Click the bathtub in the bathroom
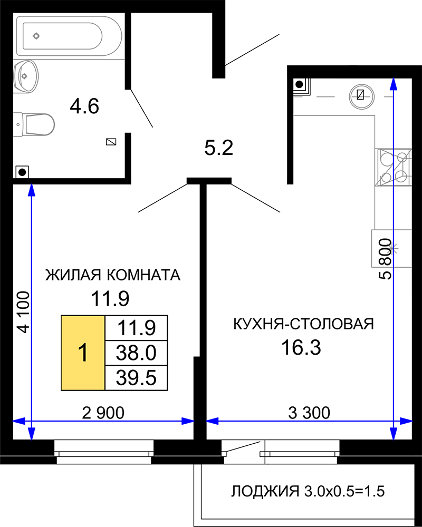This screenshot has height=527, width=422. [69, 36]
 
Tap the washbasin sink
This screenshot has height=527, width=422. [26, 76]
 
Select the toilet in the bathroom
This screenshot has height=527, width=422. [34, 124]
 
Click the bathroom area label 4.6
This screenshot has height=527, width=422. [84, 106]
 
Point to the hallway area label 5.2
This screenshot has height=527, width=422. [219, 148]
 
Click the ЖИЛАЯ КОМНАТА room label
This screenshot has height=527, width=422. [113, 275]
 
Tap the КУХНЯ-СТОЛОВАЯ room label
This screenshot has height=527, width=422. [303, 324]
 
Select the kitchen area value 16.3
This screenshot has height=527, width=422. [301, 347]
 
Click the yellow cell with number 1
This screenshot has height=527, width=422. [83, 353]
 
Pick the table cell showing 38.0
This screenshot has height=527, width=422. [136, 353]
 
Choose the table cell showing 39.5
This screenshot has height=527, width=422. [136, 378]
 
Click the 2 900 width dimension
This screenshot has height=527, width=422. [103, 413]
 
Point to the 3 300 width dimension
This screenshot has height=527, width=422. [309, 413]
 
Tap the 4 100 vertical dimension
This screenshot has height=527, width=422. [24, 312]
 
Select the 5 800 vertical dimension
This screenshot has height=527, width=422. [386, 259]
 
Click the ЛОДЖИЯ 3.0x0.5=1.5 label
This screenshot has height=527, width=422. [308, 491]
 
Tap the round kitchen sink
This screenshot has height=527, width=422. [361, 96]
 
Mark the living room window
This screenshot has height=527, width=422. [104, 452]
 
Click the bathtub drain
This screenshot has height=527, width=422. [36, 36]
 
